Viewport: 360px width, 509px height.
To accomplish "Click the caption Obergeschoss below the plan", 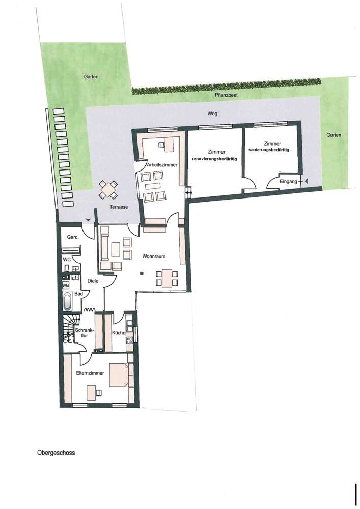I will (x=56, y=452).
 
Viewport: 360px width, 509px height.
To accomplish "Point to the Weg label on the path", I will (x=212, y=114).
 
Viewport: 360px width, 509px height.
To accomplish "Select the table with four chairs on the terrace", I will (x=108, y=190).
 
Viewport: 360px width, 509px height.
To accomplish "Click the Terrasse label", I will (x=118, y=207).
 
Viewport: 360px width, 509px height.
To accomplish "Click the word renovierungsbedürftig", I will (x=215, y=159).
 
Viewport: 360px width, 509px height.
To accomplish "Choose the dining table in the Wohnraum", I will (x=167, y=278).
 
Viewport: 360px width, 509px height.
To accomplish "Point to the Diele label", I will (x=93, y=280).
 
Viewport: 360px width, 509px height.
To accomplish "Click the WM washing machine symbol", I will (x=66, y=286).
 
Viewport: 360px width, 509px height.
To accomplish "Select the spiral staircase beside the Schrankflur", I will (x=68, y=329).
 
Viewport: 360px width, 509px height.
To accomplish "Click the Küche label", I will (x=119, y=333).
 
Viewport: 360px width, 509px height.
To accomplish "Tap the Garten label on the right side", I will (x=334, y=135).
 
